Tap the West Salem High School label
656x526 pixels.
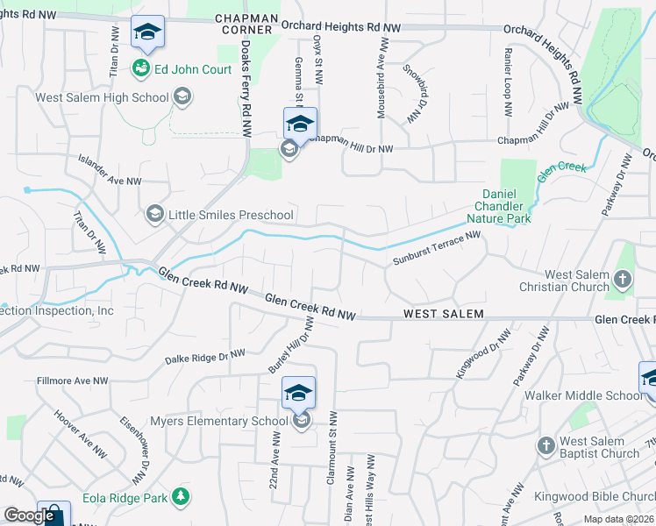102,96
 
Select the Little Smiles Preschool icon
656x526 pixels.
155,214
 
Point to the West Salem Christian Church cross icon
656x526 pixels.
623,281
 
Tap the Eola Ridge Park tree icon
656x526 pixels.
181,497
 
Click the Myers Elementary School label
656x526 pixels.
218,422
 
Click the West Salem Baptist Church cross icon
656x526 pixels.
545,446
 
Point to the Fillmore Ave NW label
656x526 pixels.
72,381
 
